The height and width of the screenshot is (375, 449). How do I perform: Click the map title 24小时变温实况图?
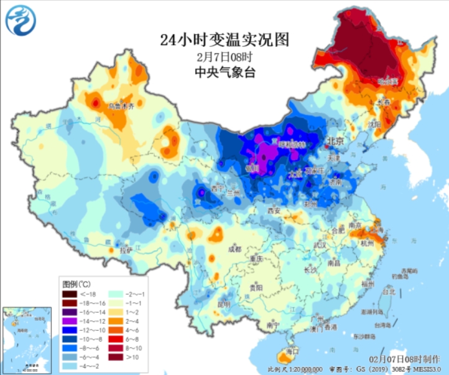pos(224,40)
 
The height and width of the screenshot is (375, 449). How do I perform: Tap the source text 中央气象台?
pos(224,72)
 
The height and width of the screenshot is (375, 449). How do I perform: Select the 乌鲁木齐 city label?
pos(121,107)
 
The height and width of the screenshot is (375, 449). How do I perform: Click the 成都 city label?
pos(234,249)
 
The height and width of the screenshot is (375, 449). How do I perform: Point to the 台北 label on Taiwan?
pos(389,291)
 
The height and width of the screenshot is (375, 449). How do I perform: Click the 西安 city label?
pos(274,211)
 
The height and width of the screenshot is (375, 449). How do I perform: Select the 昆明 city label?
pos(224,305)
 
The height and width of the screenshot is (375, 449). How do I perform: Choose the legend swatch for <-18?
pos(69,293)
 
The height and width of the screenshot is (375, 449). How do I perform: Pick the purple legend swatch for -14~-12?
pos(69,318)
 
